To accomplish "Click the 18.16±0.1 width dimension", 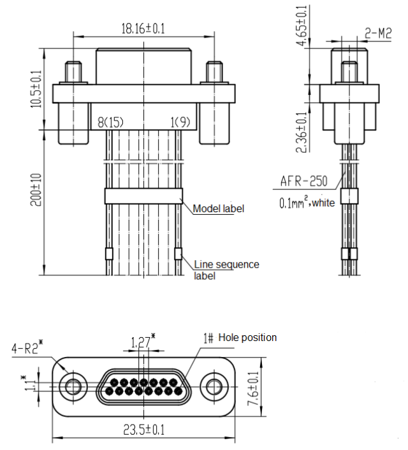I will (x=143, y=28).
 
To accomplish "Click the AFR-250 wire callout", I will (x=304, y=181).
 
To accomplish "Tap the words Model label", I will (x=218, y=208).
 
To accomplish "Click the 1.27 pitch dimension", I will (x=140, y=343).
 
